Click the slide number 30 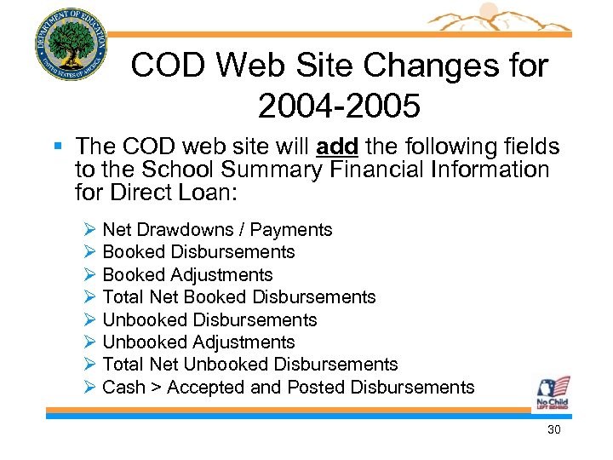pos(553,430)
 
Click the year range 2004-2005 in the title pos(339,106)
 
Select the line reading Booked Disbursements pos(198,252)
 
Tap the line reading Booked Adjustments pos(187,275)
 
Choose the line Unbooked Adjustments pos(198,342)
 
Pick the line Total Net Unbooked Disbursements pos(249,365)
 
